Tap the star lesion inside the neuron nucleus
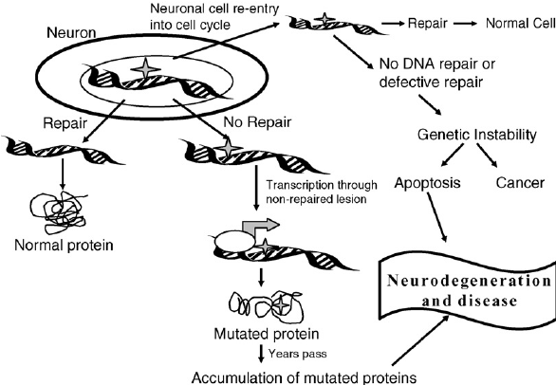tap(146, 67)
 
